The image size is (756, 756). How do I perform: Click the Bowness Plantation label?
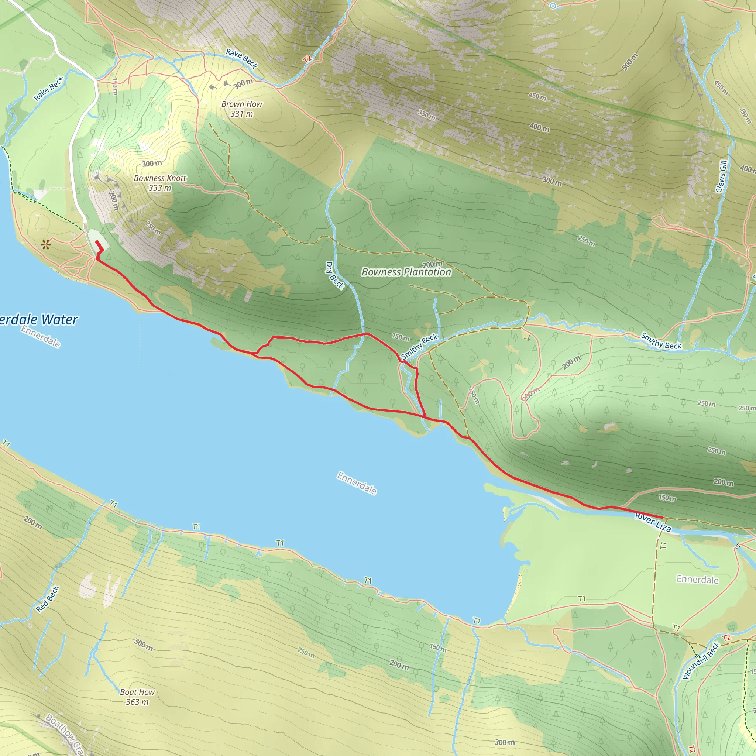406,272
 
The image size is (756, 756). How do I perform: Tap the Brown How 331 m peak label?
241,109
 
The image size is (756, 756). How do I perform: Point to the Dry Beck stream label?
334,275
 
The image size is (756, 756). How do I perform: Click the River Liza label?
653,523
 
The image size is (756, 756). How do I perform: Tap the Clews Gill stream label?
721,176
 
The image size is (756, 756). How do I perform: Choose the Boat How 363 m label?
137,697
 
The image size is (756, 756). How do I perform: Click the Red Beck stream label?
47,599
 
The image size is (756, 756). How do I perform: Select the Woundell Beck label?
701,661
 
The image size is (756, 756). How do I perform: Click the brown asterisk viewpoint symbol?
46,245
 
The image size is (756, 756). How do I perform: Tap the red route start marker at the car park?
97,243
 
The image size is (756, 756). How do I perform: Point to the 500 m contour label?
630,62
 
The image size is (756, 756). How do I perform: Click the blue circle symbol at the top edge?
553,6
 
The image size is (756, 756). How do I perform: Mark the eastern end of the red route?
662,518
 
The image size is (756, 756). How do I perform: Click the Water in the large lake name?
59,320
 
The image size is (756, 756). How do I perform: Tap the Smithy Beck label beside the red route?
419,347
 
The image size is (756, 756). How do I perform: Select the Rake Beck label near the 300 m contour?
241,59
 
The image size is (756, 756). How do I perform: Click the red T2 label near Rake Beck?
307,59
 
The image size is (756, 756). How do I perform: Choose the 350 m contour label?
426,115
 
